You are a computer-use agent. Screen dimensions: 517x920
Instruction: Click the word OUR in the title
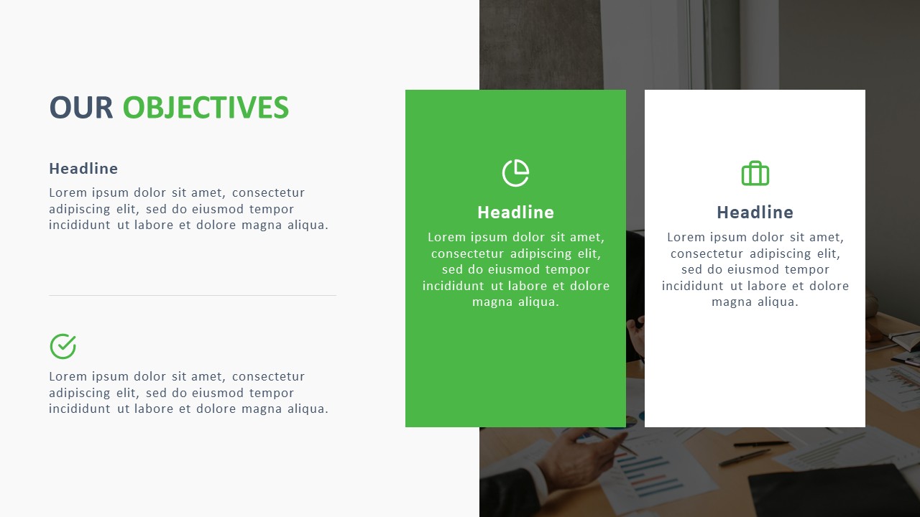[80, 108]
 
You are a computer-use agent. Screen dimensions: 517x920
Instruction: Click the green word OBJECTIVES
[206, 108]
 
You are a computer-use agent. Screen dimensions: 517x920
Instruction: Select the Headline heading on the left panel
[83, 169]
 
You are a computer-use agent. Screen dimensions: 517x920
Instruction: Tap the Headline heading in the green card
[515, 213]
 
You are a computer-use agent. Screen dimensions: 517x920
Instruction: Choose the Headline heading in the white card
[755, 213]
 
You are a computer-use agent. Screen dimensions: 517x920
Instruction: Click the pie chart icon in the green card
[515, 173]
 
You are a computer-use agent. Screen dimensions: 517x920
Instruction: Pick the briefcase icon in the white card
[755, 173]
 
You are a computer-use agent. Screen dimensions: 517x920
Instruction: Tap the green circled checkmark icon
[63, 346]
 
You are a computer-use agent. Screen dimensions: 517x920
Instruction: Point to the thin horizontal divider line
[192, 295]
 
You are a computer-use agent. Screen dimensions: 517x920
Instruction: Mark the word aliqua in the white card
[778, 302]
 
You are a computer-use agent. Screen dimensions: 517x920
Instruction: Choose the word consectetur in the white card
[707, 253]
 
